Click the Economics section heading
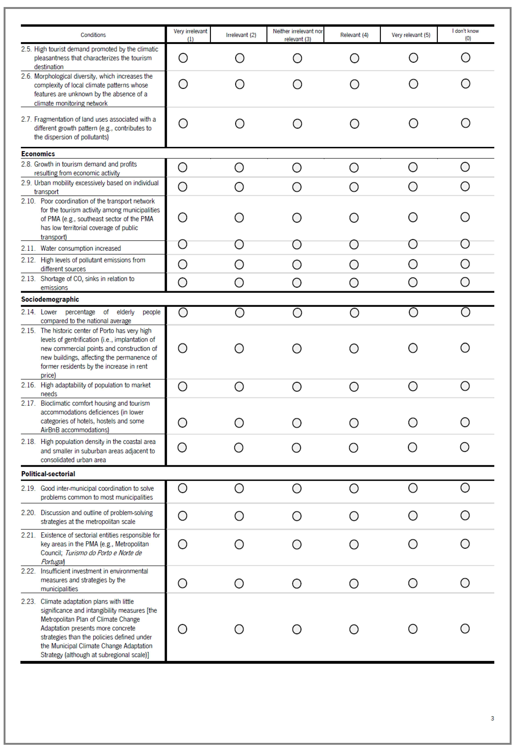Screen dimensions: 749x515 click(38, 154)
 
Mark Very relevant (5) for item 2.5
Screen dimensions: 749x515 click(413, 58)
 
